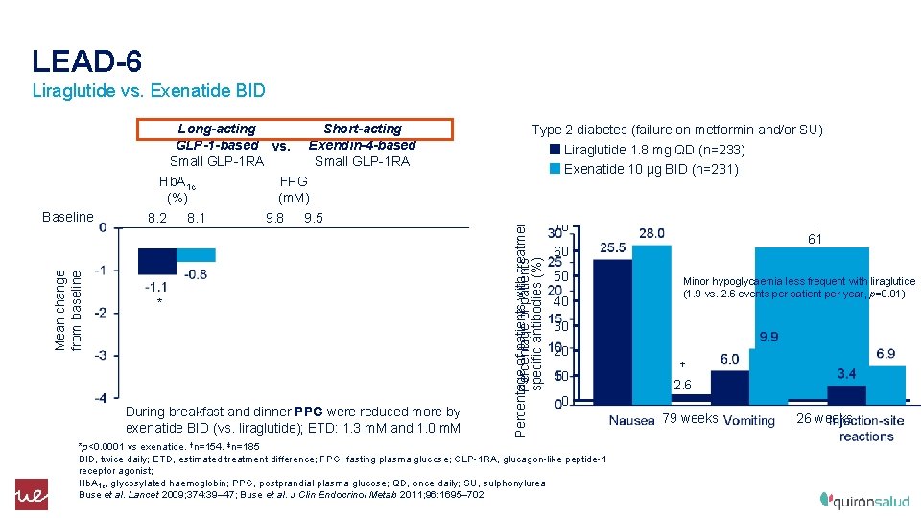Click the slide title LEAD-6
87,61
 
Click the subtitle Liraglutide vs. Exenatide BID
149,92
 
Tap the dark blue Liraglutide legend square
555,150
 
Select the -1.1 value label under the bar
155,287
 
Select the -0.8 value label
195,274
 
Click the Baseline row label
68,218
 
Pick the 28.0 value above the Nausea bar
651,233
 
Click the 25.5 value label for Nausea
612,247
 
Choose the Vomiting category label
748,420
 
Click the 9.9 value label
768,337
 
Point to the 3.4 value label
847,373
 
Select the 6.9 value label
886,354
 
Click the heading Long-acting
217,129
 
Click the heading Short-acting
363,129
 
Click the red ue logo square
31,493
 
